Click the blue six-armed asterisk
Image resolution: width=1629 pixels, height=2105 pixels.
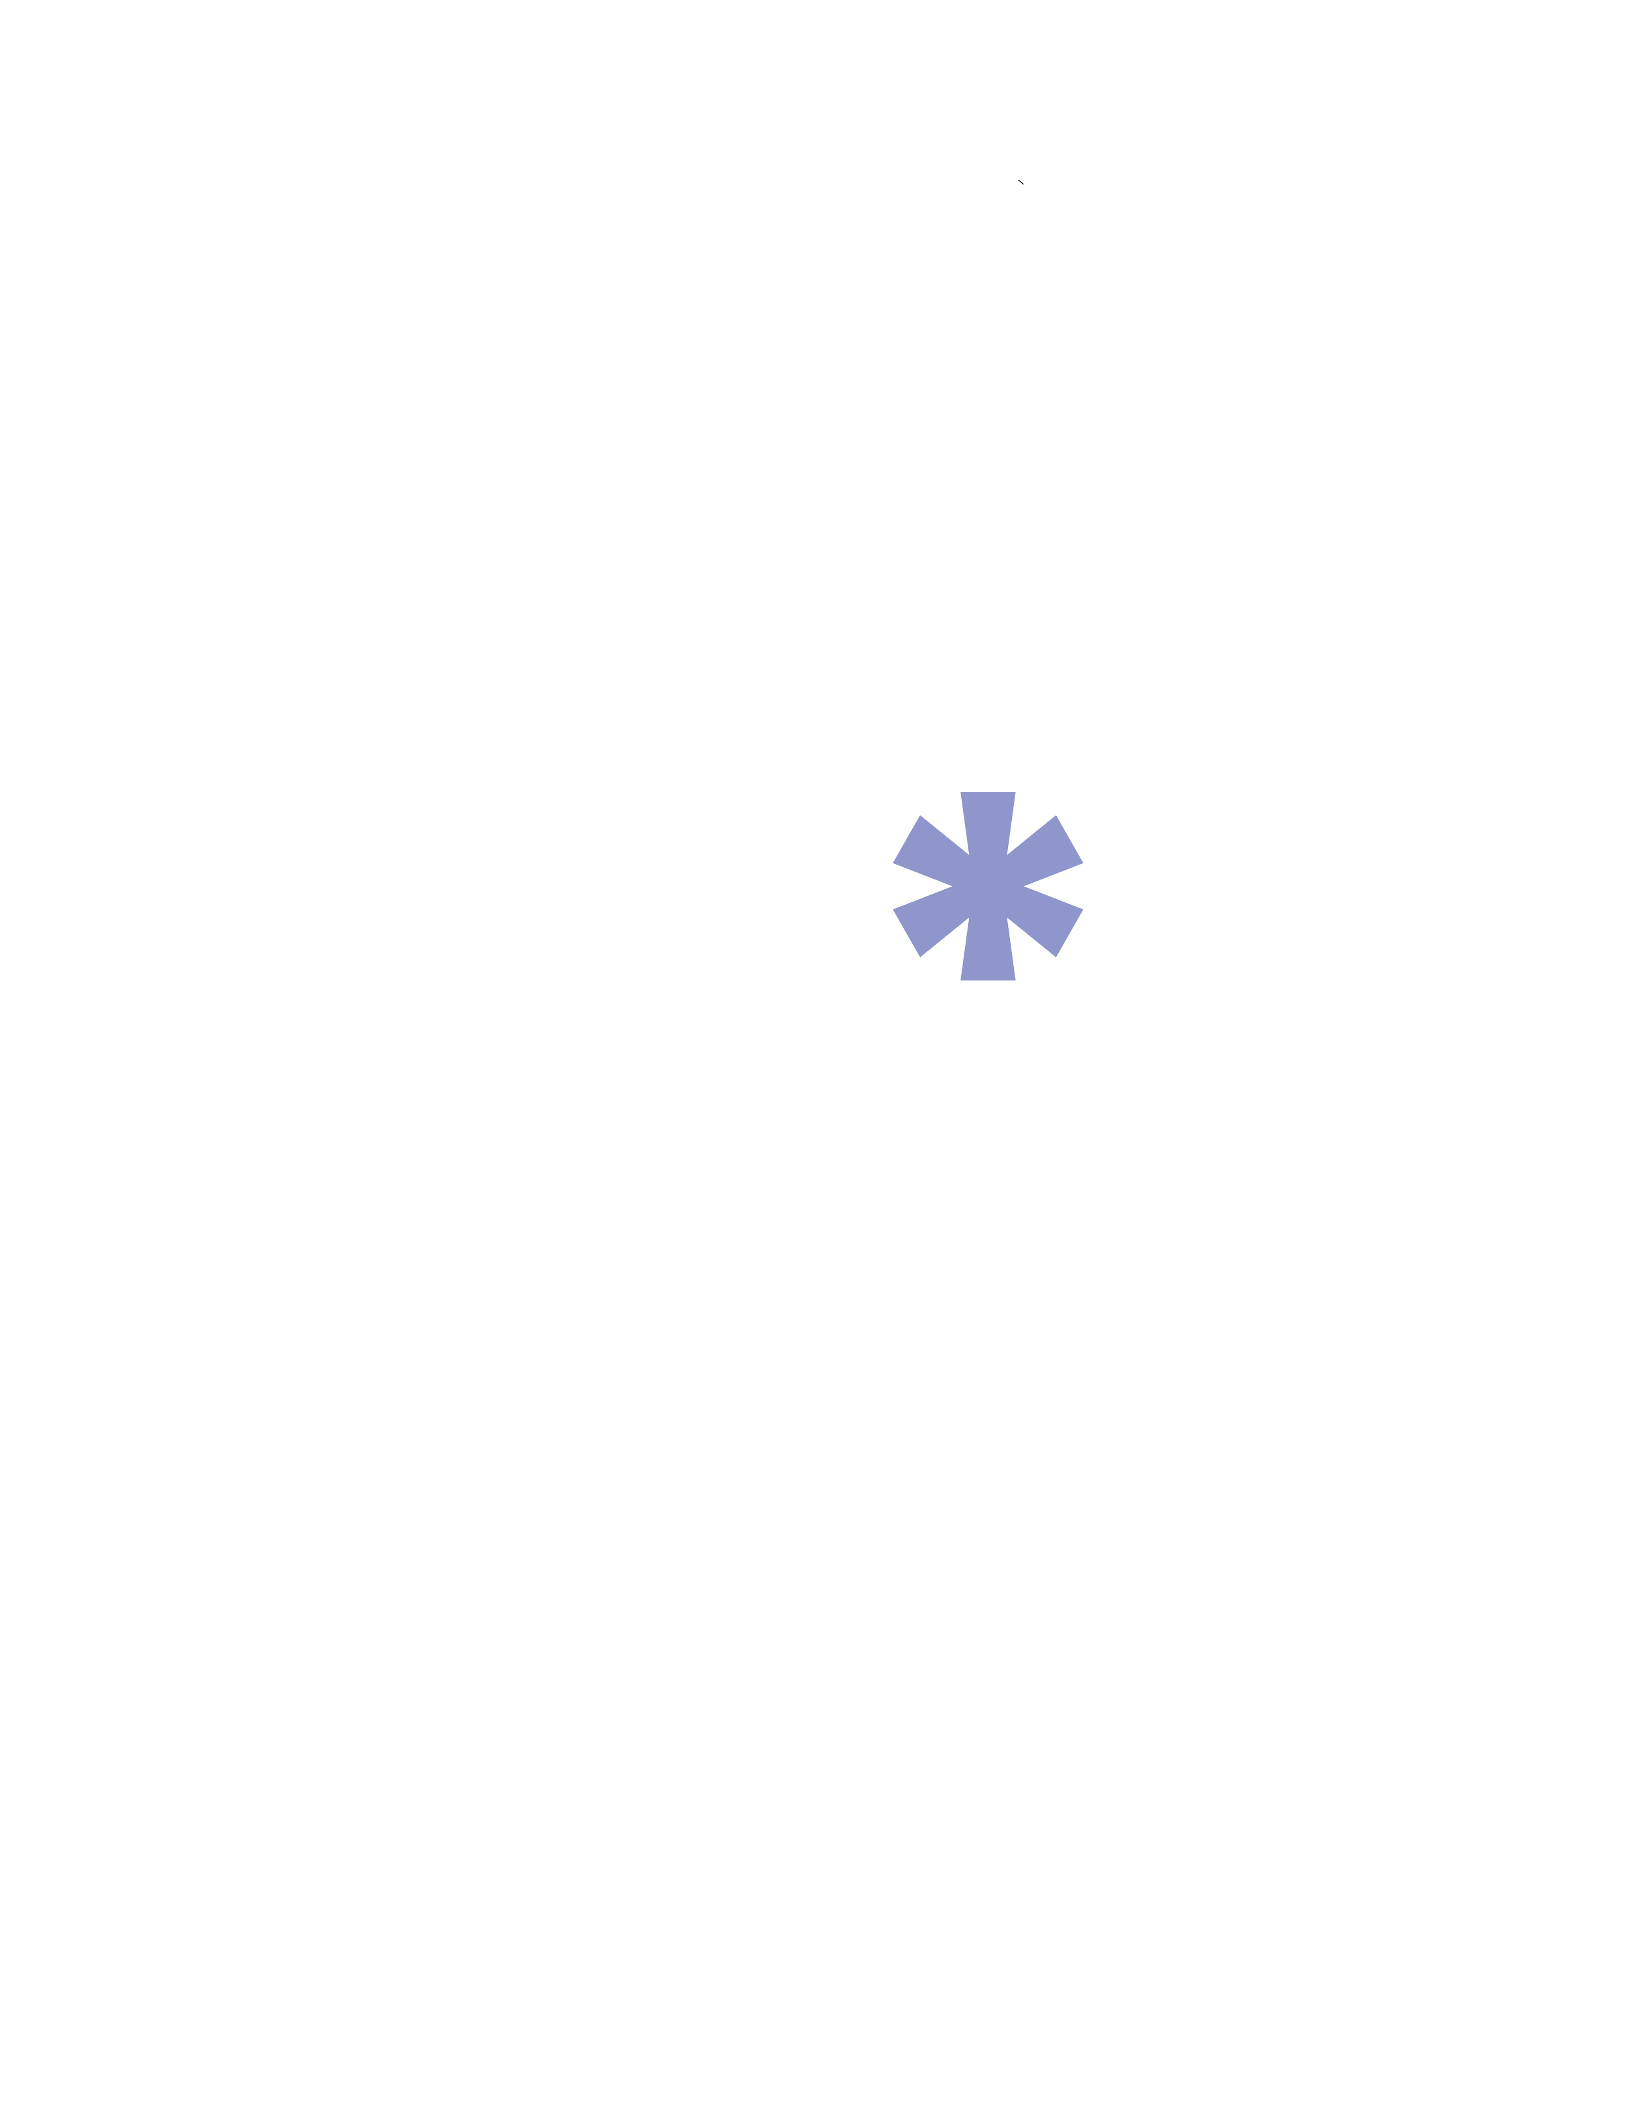coord(988,887)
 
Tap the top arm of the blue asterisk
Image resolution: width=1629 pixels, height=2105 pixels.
coord(988,819)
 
